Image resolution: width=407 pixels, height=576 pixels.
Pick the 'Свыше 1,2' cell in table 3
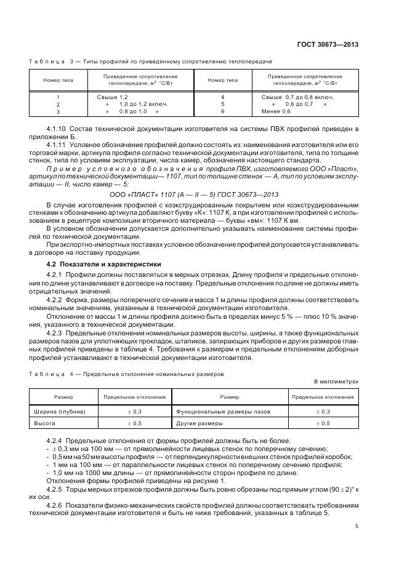pos(113,97)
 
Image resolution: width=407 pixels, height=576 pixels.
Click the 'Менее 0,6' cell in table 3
pos(276,112)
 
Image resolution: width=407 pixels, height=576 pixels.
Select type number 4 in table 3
pos(222,97)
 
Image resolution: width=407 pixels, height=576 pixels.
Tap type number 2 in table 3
pos(58,105)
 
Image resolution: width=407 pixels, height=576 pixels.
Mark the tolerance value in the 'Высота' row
pos(134,423)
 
